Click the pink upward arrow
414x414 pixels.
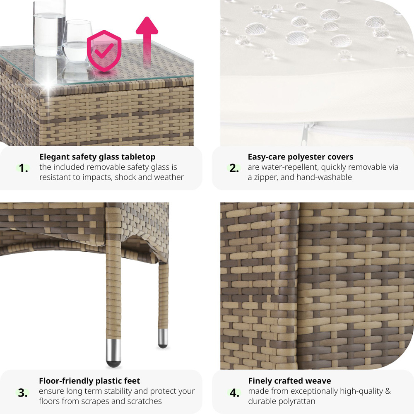[147, 42]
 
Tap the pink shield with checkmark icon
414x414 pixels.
[104, 51]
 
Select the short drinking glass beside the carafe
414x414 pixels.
[77, 42]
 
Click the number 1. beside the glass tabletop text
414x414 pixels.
[24, 168]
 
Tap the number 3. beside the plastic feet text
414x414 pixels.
[23, 393]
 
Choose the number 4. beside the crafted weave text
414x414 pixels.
[234, 393]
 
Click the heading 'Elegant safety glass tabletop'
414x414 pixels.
[97, 157]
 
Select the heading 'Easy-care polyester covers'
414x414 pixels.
[301, 157]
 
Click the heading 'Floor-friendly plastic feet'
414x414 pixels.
[89, 381]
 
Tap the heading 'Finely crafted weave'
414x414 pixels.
[290, 381]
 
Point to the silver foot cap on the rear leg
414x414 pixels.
[163, 338]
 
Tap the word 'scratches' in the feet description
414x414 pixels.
[144, 401]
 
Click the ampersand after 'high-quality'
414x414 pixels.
[388, 391]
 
